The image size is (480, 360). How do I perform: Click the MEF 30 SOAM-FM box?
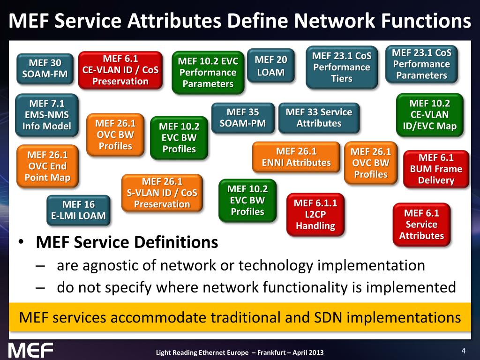click(x=45, y=68)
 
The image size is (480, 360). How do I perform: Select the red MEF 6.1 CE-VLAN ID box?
click(x=120, y=70)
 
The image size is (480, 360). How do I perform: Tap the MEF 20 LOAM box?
click(x=270, y=66)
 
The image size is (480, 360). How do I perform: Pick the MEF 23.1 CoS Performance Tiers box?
click(x=342, y=67)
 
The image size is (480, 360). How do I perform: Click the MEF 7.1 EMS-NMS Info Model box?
click(x=46, y=115)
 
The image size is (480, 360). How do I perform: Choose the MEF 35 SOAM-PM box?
click(x=243, y=118)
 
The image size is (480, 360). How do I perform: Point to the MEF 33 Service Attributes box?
click(x=319, y=118)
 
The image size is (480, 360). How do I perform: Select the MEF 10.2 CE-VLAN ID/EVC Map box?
click(x=429, y=115)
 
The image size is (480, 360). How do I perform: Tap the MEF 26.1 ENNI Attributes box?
click(x=296, y=157)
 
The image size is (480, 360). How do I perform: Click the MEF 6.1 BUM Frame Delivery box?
click(x=436, y=169)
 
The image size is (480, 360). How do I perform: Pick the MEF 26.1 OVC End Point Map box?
click(x=47, y=166)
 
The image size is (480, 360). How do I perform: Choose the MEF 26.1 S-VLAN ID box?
click(x=162, y=193)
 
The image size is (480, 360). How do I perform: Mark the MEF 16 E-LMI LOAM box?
click(x=78, y=210)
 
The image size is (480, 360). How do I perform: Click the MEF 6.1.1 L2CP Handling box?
click(x=315, y=214)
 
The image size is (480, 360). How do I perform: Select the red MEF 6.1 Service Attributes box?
click(x=421, y=224)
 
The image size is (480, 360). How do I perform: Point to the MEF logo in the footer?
click(x=31, y=350)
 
